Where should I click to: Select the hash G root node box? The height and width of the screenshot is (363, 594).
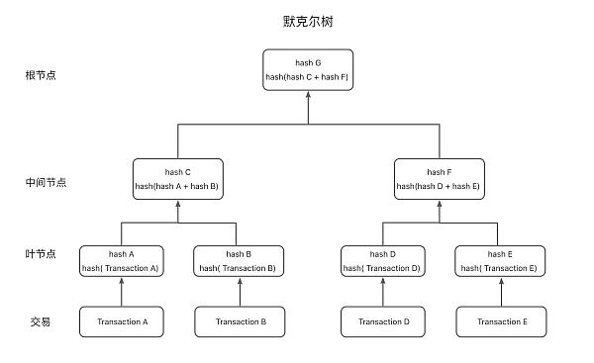[309, 69]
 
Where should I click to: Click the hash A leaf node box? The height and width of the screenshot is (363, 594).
[122, 261]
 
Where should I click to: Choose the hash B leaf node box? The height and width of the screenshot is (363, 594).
[236, 261]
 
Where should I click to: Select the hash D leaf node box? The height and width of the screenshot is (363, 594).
[382, 261]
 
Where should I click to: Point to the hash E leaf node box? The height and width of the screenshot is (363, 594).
[498, 261]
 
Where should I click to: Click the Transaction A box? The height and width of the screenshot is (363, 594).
[122, 321]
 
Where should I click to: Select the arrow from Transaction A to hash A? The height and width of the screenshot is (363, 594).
[122, 292]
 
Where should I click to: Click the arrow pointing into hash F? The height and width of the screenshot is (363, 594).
[439, 210]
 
